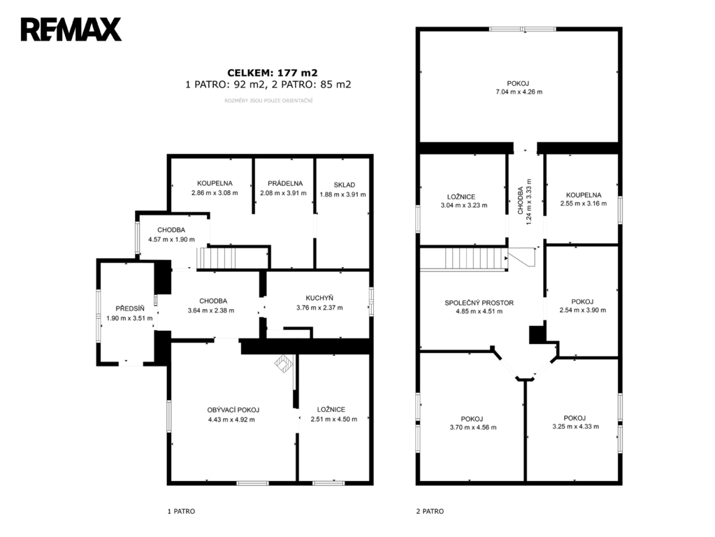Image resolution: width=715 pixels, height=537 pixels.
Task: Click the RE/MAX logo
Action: pyautogui.click(x=71, y=29)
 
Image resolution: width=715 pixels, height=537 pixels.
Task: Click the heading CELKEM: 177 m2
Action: pyautogui.click(x=272, y=73)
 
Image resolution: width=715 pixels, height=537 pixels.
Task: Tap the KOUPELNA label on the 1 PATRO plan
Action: pyautogui.click(x=215, y=183)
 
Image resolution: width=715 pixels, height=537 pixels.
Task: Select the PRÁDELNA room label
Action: pyautogui.click(x=285, y=183)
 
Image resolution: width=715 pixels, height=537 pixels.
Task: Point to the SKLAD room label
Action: pyautogui.click(x=345, y=185)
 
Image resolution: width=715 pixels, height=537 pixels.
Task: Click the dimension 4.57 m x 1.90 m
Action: pyautogui.click(x=171, y=239)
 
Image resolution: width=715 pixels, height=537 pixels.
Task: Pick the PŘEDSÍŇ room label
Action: pyautogui.click(x=130, y=308)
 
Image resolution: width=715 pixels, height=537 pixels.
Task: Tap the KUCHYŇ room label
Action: pyautogui.click(x=319, y=298)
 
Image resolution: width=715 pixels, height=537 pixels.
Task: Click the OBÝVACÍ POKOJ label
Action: pyautogui.click(x=233, y=410)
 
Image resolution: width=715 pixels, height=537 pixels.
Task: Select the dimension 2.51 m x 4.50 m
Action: pyautogui.click(x=334, y=419)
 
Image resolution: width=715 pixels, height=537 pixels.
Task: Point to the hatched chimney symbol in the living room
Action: pyautogui.click(x=284, y=364)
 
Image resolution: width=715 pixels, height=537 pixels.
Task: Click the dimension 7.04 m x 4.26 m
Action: pyautogui.click(x=519, y=92)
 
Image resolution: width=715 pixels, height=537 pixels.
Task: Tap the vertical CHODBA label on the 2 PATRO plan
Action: pyautogui.click(x=520, y=200)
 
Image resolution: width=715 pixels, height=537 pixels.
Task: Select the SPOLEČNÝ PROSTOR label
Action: pyautogui.click(x=479, y=303)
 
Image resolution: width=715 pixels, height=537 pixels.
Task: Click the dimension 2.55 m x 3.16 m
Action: pyautogui.click(x=583, y=203)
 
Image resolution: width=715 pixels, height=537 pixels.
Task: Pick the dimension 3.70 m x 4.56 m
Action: pyautogui.click(x=473, y=427)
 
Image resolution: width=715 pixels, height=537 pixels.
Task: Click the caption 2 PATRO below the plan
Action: pyautogui.click(x=430, y=511)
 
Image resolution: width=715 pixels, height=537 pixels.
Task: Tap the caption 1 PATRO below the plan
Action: pyautogui.click(x=181, y=511)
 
